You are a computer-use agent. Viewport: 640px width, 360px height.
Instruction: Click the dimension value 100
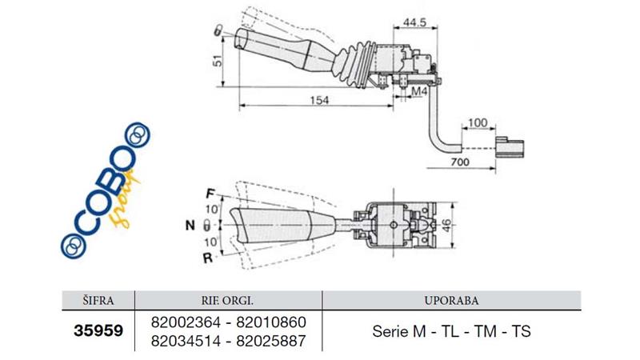click(x=477, y=122)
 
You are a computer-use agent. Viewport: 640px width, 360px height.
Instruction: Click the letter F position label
click(x=209, y=194)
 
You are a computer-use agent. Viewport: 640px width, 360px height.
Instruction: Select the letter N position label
click(x=191, y=226)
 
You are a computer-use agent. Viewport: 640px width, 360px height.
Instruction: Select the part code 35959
click(x=99, y=330)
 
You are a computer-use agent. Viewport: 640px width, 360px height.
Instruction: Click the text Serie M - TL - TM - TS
click(x=453, y=331)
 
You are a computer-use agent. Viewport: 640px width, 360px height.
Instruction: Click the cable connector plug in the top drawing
click(x=510, y=148)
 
